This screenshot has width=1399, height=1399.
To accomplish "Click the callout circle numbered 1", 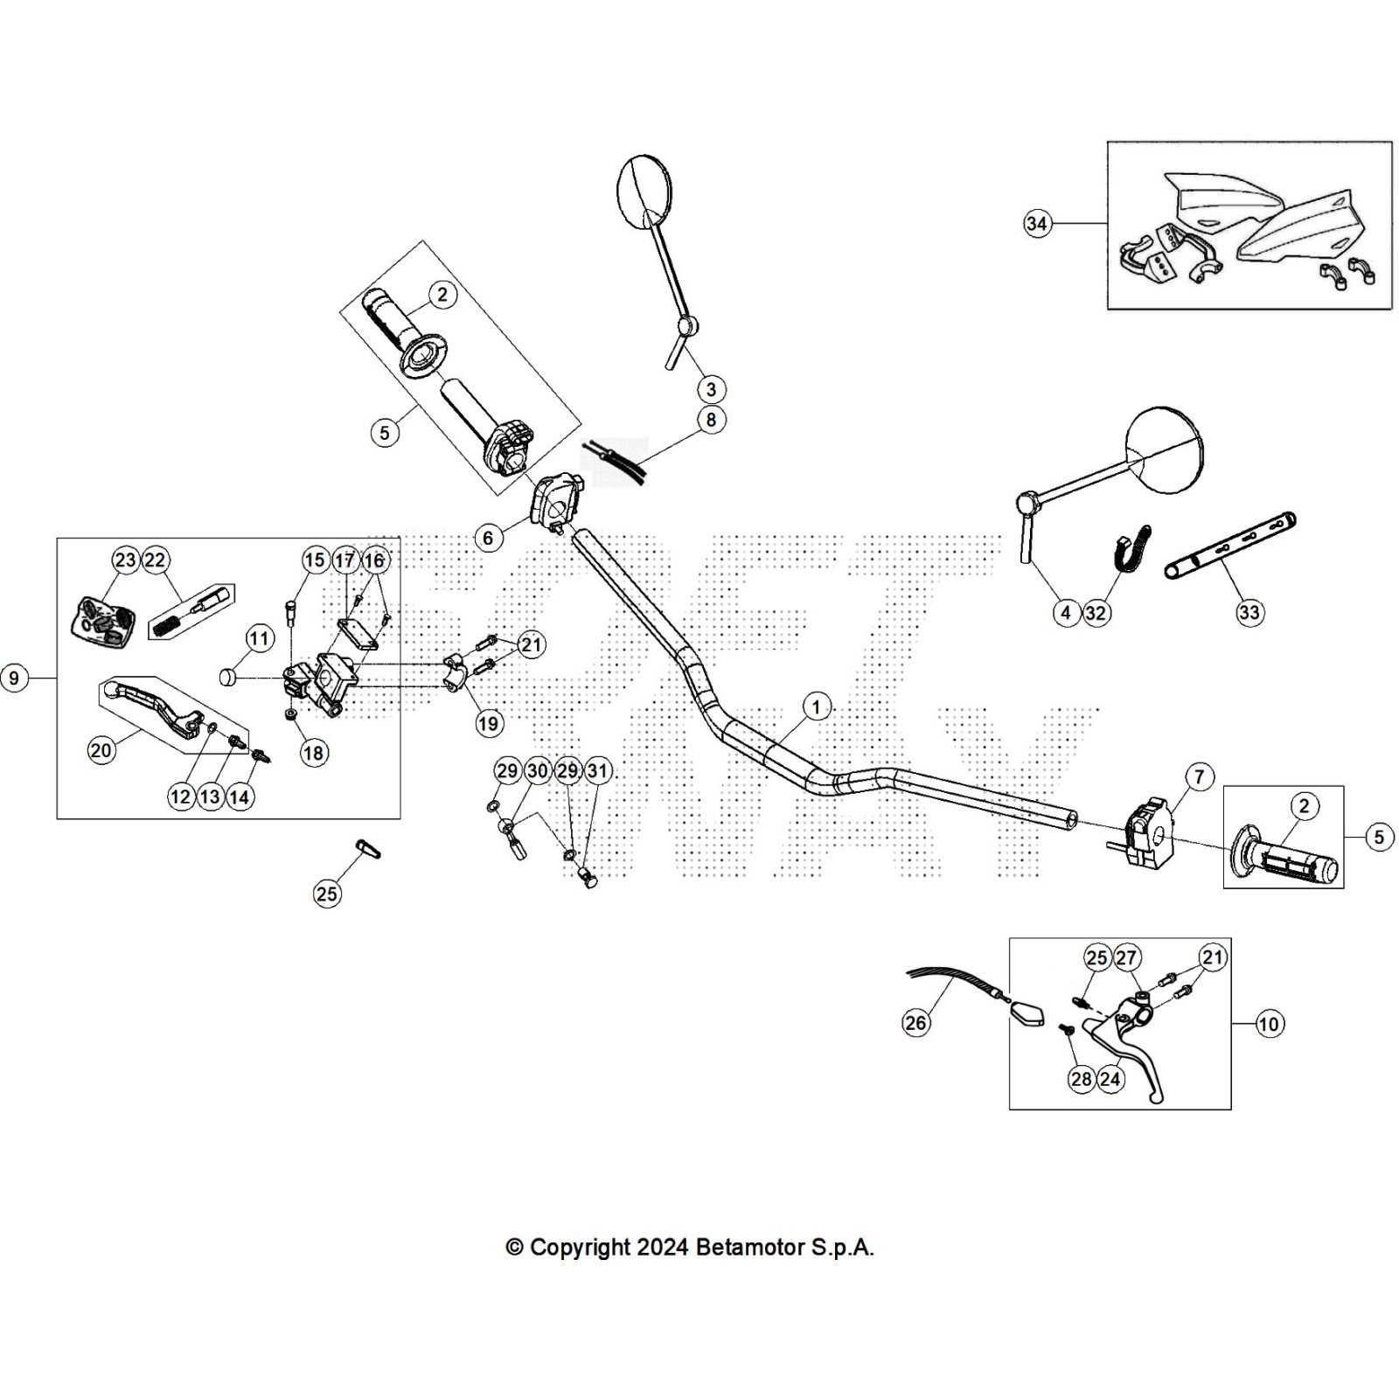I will click(x=816, y=706).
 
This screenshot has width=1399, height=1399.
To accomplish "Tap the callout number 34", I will click(x=1036, y=224).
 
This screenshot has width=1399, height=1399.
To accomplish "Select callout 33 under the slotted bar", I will click(x=1249, y=612).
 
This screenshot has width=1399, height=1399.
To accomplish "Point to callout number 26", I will click(x=915, y=1022).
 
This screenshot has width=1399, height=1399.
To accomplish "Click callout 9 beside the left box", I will click(x=14, y=678).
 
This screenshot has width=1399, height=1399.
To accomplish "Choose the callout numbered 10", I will click(x=1269, y=1023).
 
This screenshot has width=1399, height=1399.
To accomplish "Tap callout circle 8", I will click(x=711, y=420).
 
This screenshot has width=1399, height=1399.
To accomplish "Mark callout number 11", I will click(x=259, y=638).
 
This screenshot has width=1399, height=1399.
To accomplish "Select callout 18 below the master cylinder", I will click(x=313, y=753).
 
